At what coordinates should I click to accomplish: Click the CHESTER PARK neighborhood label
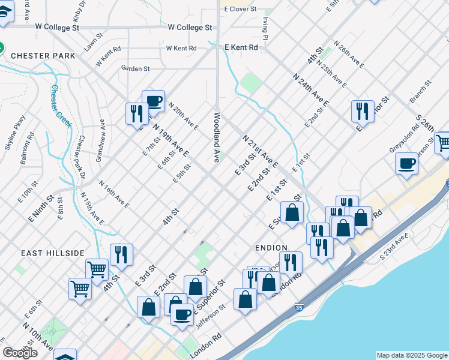click(41, 56)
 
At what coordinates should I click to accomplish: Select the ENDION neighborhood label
click(270, 247)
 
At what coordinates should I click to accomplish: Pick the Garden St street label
click(135, 68)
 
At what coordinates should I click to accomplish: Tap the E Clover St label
click(240, 10)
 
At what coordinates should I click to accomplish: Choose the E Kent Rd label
click(241, 47)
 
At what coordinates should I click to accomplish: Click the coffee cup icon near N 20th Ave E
click(153, 101)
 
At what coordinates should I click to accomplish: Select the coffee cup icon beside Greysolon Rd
click(406, 163)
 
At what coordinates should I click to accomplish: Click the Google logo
click(20, 353)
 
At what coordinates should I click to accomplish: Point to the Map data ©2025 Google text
click(411, 355)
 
